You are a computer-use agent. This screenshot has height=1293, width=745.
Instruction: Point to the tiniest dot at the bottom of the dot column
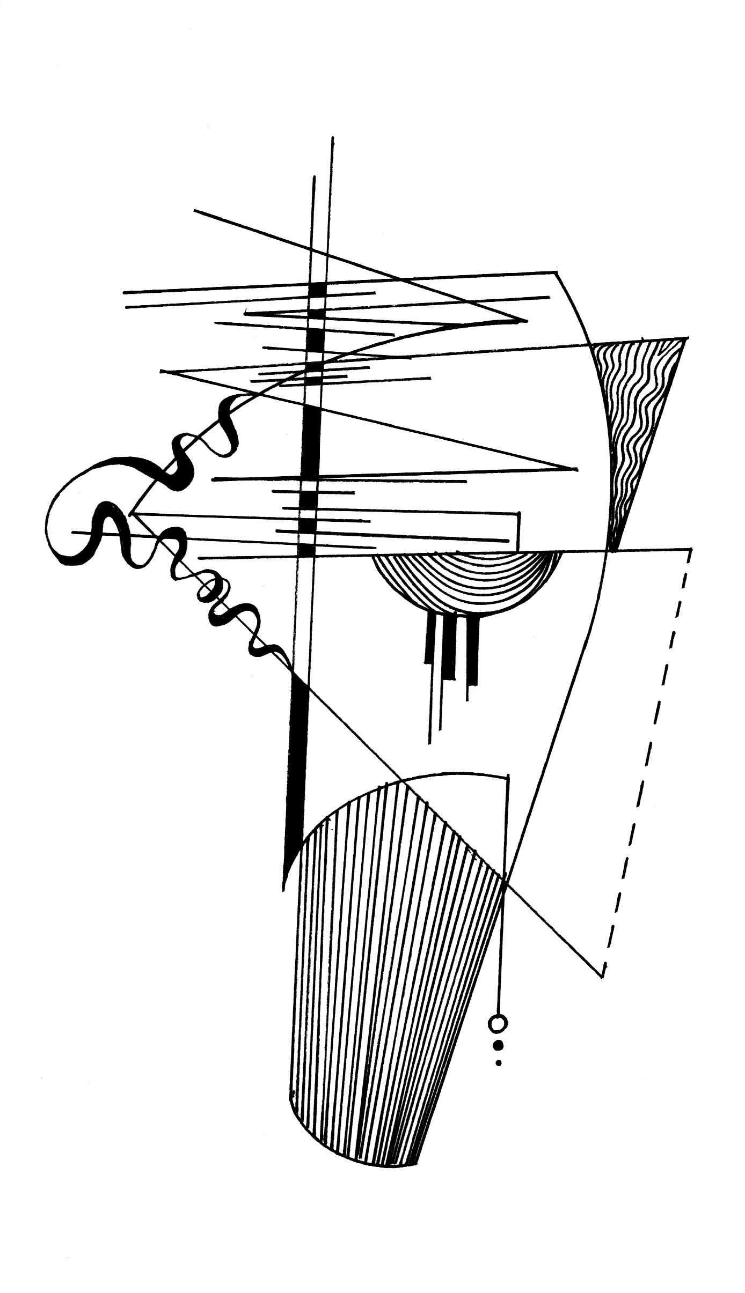click(499, 1062)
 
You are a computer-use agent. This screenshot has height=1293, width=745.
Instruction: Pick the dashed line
click(649, 751)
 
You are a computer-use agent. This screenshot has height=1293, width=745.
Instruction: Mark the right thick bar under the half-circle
click(473, 649)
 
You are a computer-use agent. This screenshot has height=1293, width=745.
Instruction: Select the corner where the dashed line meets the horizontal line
click(690, 549)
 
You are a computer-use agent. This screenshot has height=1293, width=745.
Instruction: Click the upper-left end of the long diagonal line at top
click(195, 211)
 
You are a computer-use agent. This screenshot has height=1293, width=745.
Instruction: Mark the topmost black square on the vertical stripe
click(318, 288)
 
